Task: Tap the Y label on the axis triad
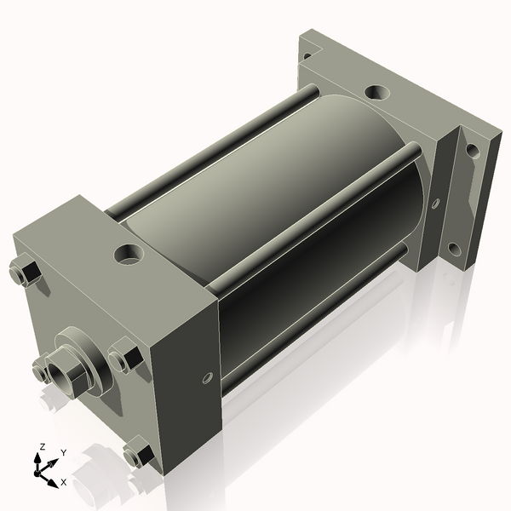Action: click(x=63, y=453)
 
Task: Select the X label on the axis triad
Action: click(x=63, y=482)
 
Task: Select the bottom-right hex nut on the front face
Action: click(x=136, y=455)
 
